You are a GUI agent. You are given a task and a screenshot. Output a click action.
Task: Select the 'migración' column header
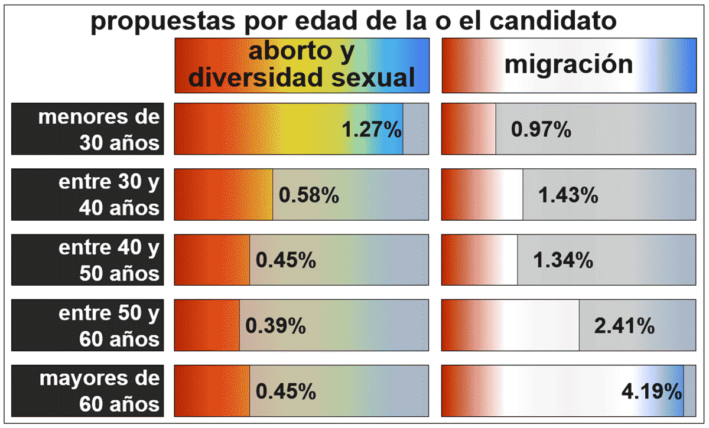click(568, 64)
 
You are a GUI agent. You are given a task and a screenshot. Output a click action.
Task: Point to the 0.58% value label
click(309, 195)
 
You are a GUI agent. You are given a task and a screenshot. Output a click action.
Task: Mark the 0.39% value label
click(276, 326)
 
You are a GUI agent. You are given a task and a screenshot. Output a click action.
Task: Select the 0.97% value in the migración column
click(541, 130)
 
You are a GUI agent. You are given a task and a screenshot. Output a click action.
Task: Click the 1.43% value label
click(568, 195)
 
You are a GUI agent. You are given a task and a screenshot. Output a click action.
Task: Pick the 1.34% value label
click(563, 261)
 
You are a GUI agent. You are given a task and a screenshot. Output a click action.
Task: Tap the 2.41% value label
click(625, 326)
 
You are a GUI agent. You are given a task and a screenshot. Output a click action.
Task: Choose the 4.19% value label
click(652, 392)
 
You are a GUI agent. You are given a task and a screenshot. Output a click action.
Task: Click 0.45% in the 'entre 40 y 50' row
click(286, 261)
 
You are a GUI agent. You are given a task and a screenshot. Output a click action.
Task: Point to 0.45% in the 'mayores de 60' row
click(286, 392)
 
